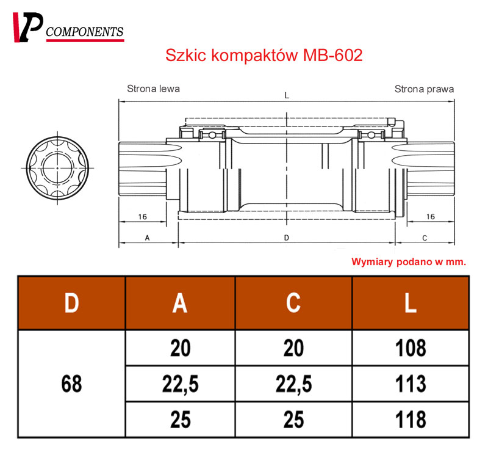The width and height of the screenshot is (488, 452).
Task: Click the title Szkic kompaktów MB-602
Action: click(264, 56)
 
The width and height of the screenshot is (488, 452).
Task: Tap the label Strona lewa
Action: click(153, 89)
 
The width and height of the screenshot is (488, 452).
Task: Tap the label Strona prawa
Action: click(424, 89)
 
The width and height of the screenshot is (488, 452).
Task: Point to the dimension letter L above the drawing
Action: click(286, 95)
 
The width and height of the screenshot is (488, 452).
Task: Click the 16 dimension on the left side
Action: click(142, 216)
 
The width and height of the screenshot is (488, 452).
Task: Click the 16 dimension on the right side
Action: click(430, 216)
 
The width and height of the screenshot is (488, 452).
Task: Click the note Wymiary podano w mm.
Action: click(409, 261)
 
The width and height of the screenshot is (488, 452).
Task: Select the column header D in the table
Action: click(72, 304)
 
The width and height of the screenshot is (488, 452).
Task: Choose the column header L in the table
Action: click(411, 304)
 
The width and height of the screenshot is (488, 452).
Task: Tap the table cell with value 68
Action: click(72, 384)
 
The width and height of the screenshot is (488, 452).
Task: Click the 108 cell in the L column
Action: click(411, 348)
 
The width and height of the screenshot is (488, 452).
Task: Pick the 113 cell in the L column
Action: click(411, 384)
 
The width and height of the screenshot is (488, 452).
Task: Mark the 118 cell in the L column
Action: click(411, 420)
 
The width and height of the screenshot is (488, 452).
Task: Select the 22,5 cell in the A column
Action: click(181, 384)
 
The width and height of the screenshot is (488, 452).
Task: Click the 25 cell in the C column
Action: click(293, 420)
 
